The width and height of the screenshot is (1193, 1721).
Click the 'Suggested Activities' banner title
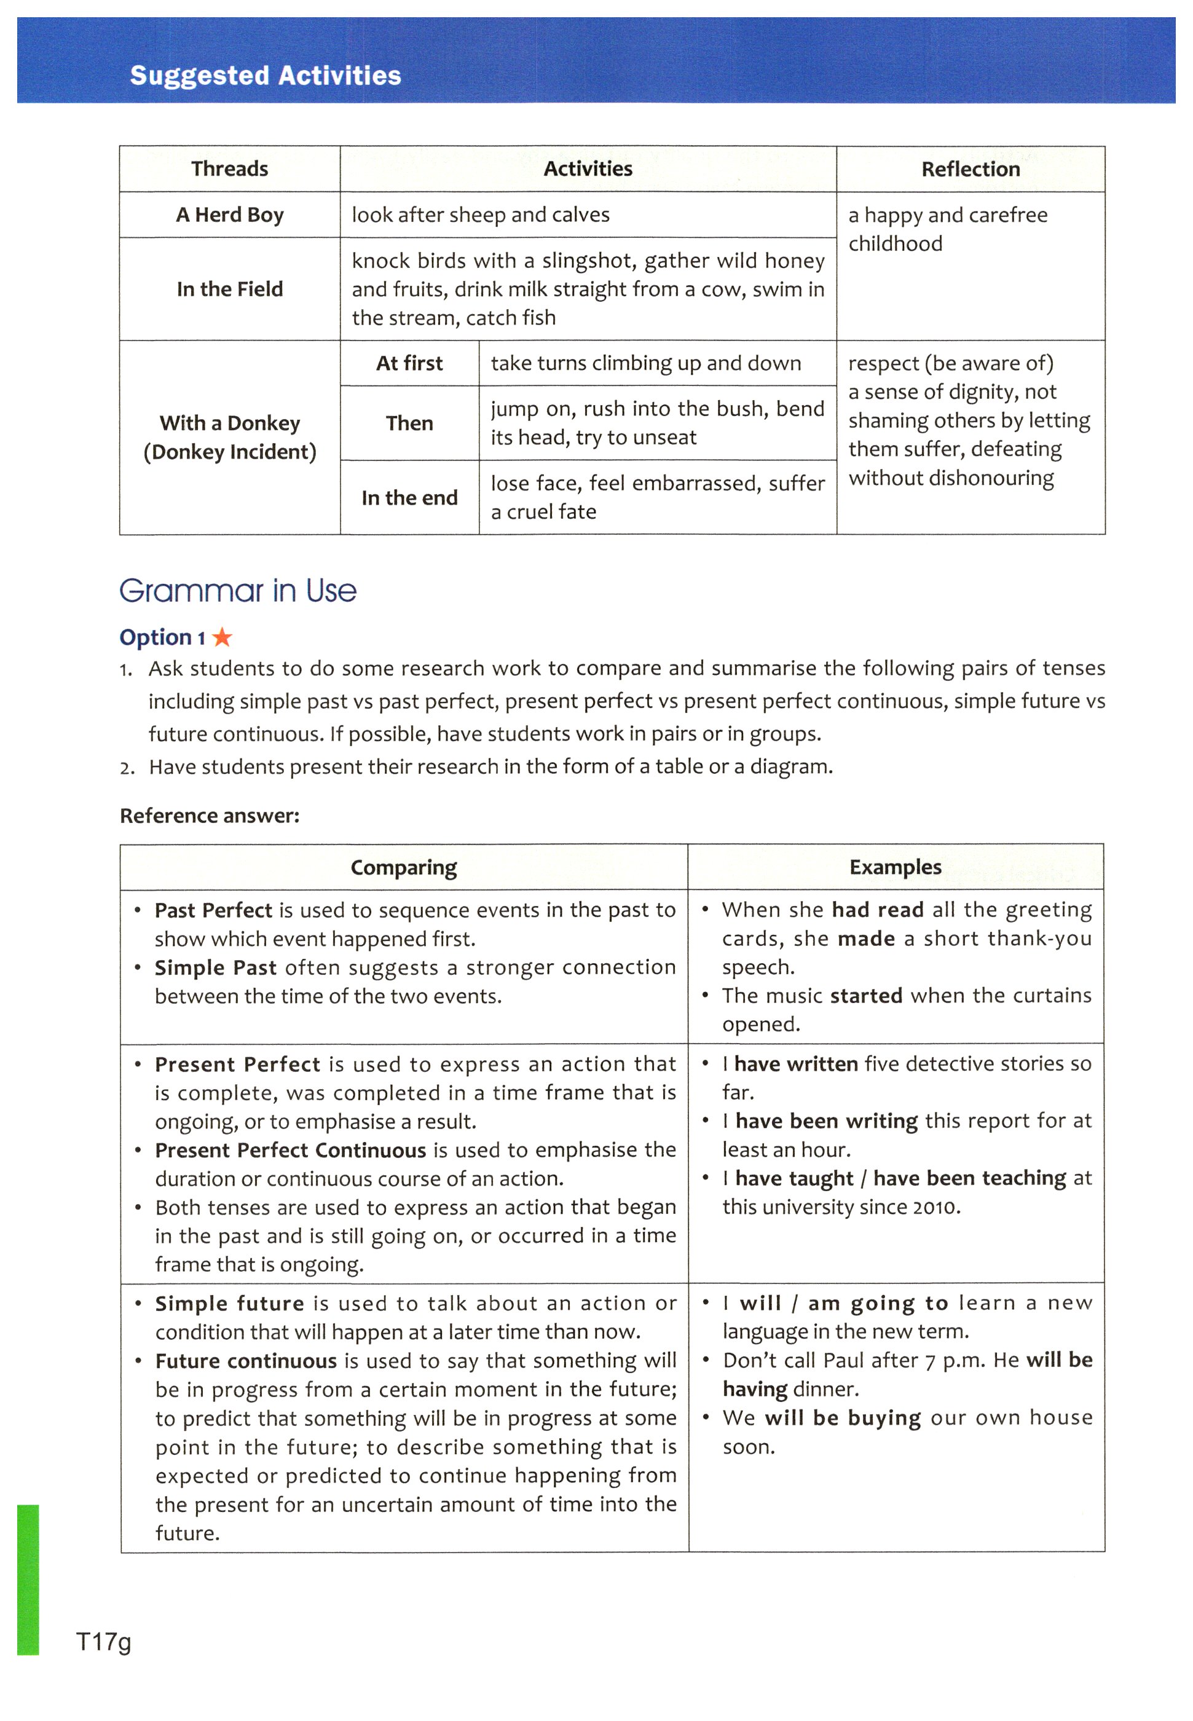(266, 76)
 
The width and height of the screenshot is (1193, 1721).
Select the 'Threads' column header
(229, 169)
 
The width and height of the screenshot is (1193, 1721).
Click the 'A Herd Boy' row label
(229, 215)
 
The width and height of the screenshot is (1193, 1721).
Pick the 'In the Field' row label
(229, 289)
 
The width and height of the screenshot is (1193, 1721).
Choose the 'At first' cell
(409, 363)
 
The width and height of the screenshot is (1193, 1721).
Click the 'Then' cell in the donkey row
(409, 423)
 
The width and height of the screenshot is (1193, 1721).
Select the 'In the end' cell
(409, 498)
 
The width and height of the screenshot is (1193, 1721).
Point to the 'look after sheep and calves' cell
(481, 215)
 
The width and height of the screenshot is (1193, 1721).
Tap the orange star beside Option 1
(222, 637)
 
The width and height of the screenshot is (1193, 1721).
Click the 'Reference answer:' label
(210, 815)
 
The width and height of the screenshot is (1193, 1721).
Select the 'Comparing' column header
(404, 868)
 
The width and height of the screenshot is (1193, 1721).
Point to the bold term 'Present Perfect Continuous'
(290, 1150)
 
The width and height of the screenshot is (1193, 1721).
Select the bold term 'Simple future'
(229, 1304)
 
